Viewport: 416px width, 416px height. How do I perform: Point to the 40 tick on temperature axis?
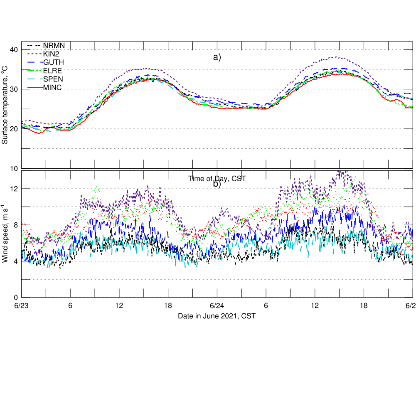point(14,50)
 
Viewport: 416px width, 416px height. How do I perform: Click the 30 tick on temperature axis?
point(14,89)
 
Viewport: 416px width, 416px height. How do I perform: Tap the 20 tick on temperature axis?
point(14,129)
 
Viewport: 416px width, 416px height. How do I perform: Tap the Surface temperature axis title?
point(5,107)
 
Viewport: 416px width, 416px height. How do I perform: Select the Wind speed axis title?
point(5,235)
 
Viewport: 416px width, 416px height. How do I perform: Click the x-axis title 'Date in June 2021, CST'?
point(217,316)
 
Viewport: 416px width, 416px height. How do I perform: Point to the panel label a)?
point(217,57)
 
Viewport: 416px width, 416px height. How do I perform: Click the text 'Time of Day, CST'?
point(217,179)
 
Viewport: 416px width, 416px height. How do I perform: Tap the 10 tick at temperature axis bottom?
point(14,168)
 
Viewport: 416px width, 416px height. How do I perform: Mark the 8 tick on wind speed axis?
point(15,225)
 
